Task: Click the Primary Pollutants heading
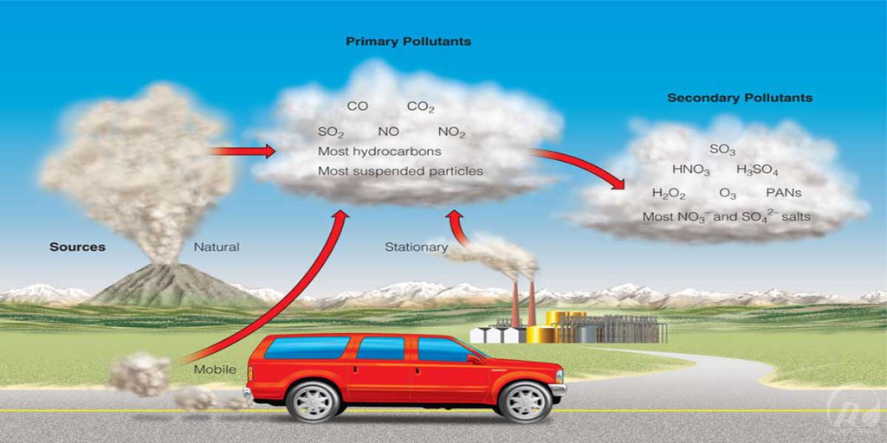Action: (408, 42)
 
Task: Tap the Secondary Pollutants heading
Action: (740, 99)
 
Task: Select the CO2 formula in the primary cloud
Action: (420, 106)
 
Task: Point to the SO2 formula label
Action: (330, 132)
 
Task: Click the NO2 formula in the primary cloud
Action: (451, 132)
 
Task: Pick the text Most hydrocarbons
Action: (379, 152)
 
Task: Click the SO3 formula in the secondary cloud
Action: (722, 150)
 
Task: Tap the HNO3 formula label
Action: (690, 170)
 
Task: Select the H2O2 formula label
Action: (669, 193)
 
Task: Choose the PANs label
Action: (783, 193)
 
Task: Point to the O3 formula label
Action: (728, 193)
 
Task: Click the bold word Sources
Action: (77, 247)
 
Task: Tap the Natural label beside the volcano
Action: (217, 247)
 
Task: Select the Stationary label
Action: (417, 247)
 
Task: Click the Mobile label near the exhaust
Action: (215, 370)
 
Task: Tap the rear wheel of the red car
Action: (312, 401)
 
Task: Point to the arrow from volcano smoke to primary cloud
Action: (242, 151)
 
